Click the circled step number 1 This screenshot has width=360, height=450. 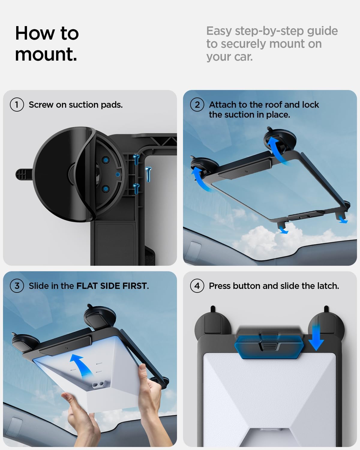pyautogui.click(x=17, y=105)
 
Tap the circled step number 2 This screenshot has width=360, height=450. pyautogui.click(x=197, y=105)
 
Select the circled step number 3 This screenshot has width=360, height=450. pyautogui.click(x=17, y=286)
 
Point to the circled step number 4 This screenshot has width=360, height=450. pyautogui.click(x=197, y=286)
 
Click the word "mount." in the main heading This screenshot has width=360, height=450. pyautogui.click(x=46, y=55)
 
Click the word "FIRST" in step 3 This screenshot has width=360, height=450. pyautogui.click(x=134, y=286)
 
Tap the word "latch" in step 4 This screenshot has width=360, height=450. pyautogui.click(x=326, y=286)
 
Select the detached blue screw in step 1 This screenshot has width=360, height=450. pyautogui.click(x=148, y=174)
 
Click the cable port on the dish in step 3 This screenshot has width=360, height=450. pyautogui.click(x=99, y=385)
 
